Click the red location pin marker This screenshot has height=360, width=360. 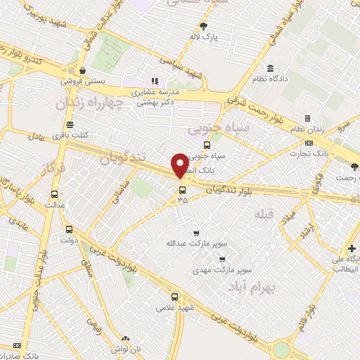[x=180, y=165]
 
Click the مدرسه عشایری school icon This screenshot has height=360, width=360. [x=155, y=81]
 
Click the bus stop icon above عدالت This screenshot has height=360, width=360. [x=54, y=195]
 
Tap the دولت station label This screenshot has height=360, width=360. [x=68, y=239]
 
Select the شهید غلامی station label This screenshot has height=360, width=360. [x=174, y=307]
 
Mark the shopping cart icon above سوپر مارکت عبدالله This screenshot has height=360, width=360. [x=196, y=233]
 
